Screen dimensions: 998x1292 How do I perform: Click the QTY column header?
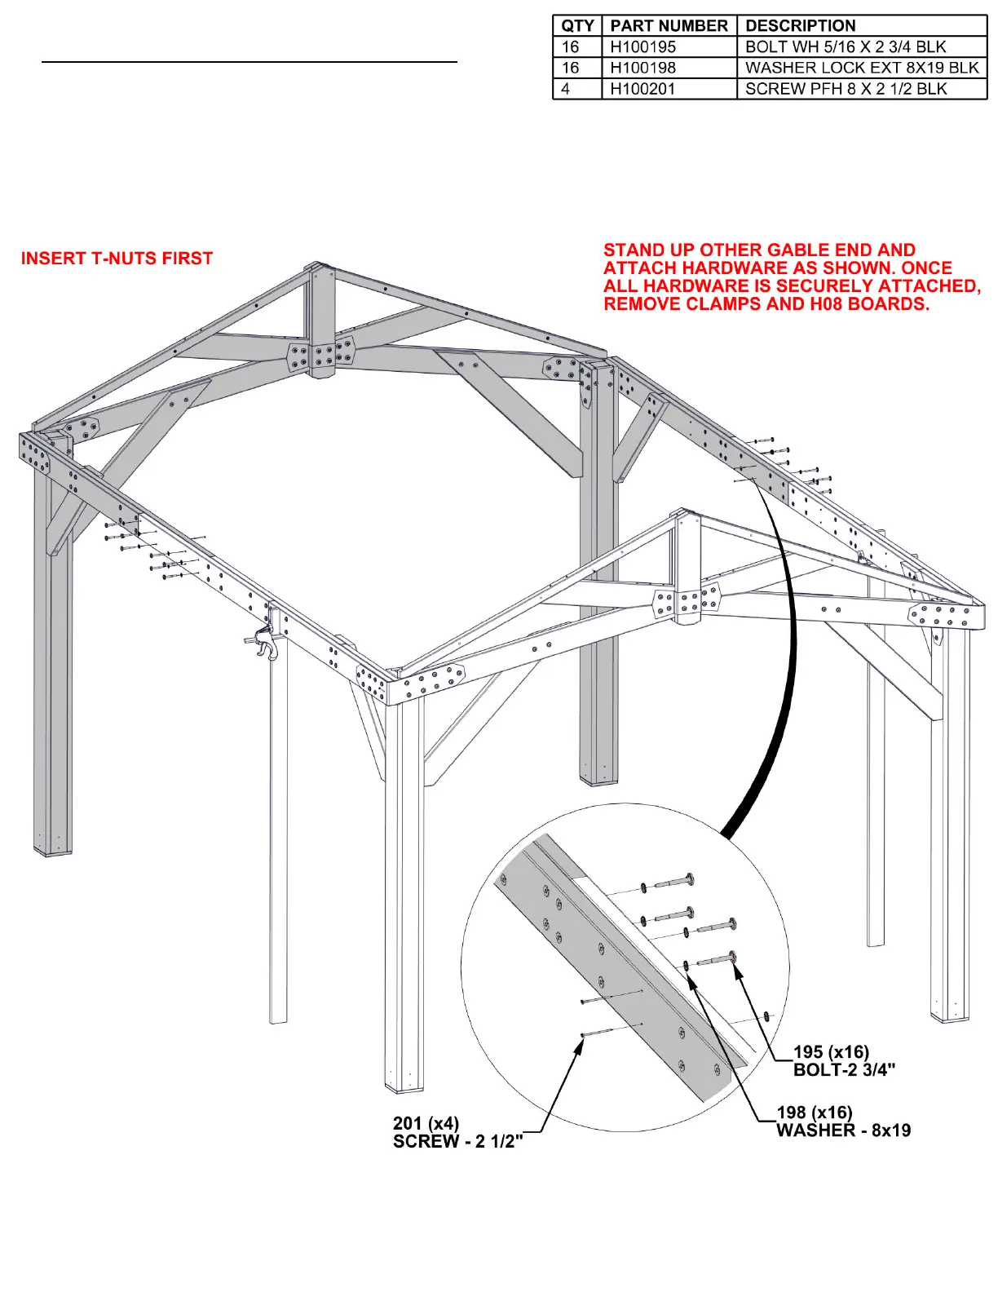576,26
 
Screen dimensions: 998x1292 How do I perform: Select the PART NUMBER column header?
669,26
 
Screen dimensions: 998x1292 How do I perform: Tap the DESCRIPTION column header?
800,26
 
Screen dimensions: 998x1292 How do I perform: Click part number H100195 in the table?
643,47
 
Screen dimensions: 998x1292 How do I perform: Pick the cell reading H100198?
643,68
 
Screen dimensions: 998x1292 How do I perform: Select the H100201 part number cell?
643,89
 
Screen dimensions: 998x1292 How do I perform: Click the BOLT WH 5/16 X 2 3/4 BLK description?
846,47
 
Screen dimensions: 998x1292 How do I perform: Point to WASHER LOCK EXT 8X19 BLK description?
861,68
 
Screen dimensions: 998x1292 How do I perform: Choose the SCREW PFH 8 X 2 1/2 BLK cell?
846,89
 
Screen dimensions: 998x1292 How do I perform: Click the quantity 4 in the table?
566,89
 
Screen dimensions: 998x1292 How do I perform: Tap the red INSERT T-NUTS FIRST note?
117,259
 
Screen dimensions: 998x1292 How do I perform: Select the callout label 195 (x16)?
831,1052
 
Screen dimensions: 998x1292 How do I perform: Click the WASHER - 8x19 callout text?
843,1130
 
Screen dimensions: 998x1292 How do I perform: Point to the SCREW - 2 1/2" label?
457,1142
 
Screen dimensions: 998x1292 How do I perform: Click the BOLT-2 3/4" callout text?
844,1070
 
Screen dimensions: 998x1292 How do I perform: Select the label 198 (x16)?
814,1113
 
